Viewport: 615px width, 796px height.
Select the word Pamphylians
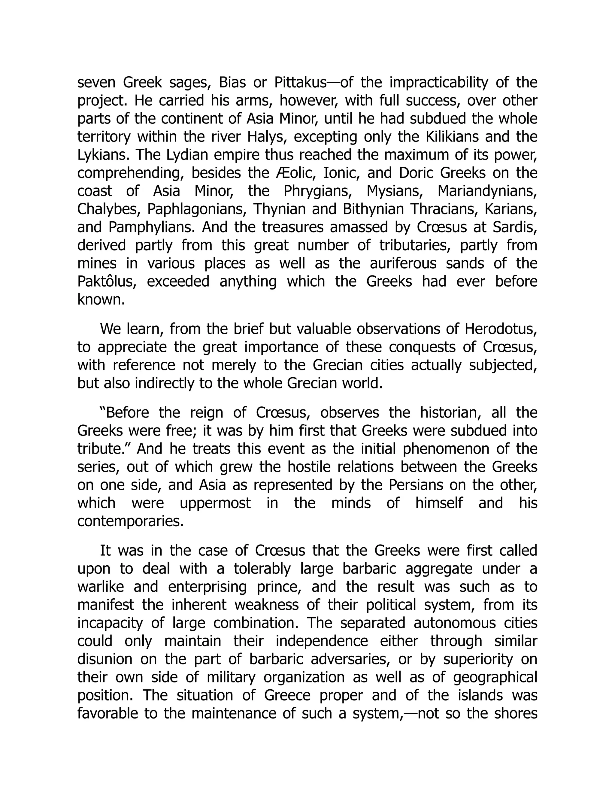coord(153,228)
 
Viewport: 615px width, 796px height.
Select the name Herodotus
coord(501,330)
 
